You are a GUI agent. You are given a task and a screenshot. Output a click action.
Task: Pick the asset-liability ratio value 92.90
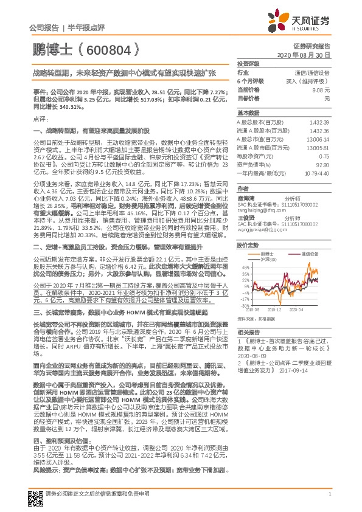click(x=322, y=164)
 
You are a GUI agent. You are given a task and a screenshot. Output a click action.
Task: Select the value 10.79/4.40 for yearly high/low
click(x=317, y=173)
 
